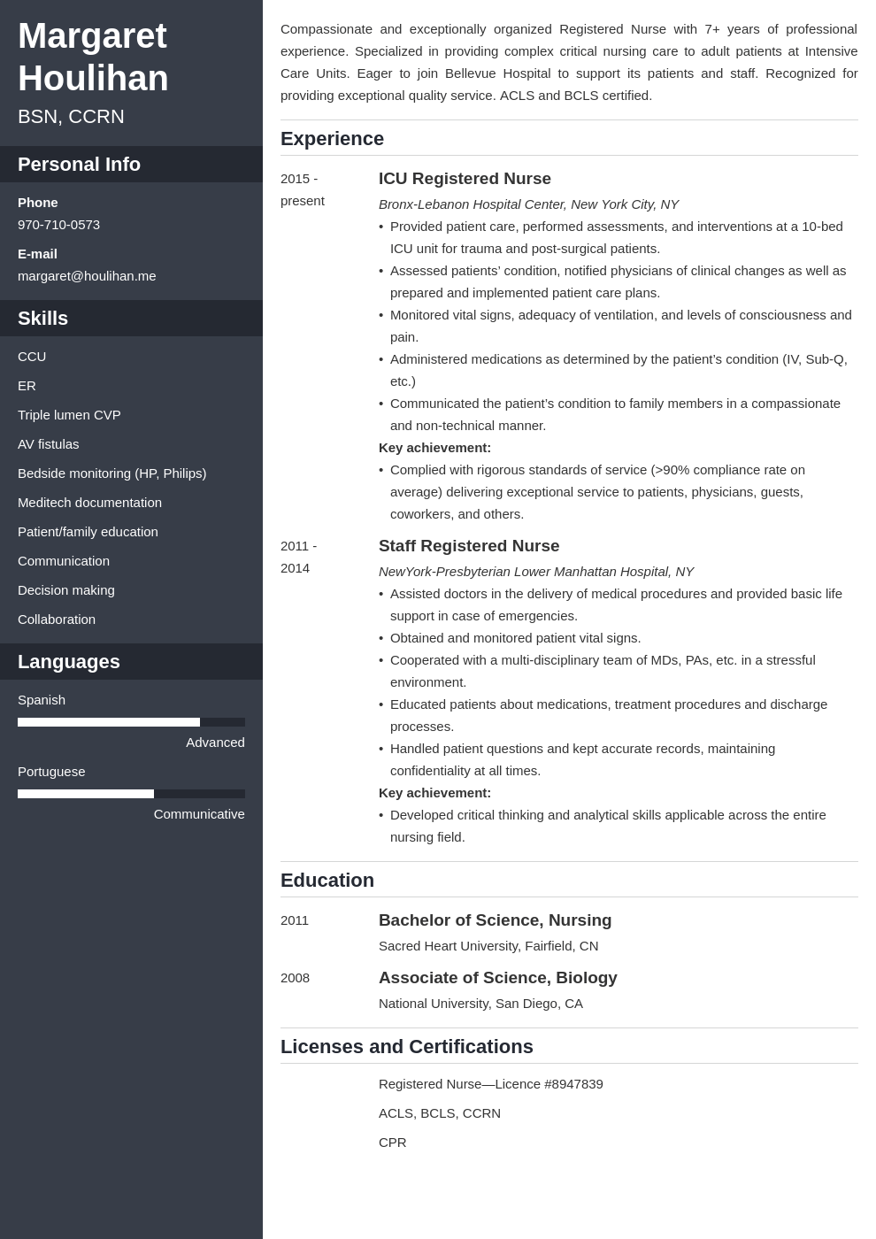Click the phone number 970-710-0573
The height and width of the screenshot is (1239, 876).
[58, 225]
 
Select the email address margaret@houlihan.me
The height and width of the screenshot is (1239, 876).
[87, 276]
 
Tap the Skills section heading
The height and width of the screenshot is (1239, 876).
[42, 319]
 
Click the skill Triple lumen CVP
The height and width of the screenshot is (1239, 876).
[69, 415]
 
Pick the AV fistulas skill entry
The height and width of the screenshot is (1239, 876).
[48, 444]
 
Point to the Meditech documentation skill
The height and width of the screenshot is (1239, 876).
[89, 503]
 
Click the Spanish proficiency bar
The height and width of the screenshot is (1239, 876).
[131, 722]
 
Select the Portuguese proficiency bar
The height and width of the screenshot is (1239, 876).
[131, 794]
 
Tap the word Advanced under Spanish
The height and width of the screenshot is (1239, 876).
[215, 743]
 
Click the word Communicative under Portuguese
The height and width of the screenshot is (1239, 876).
[199, 814]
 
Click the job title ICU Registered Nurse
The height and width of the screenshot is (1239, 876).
[465, 179]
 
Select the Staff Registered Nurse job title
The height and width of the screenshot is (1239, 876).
[469, 546]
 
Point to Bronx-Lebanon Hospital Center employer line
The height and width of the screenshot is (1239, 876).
[528, 204]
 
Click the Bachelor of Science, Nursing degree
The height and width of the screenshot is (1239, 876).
[495, 920]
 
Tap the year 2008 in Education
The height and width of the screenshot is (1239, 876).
[295, 978]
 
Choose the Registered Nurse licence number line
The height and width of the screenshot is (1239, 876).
[490, 1084]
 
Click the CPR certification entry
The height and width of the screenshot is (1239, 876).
[392, 1143]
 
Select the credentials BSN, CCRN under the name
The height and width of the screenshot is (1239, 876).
[71, 117]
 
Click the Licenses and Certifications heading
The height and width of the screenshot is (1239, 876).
[406, 1047]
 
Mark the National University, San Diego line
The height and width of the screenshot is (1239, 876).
[480, 1004]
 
